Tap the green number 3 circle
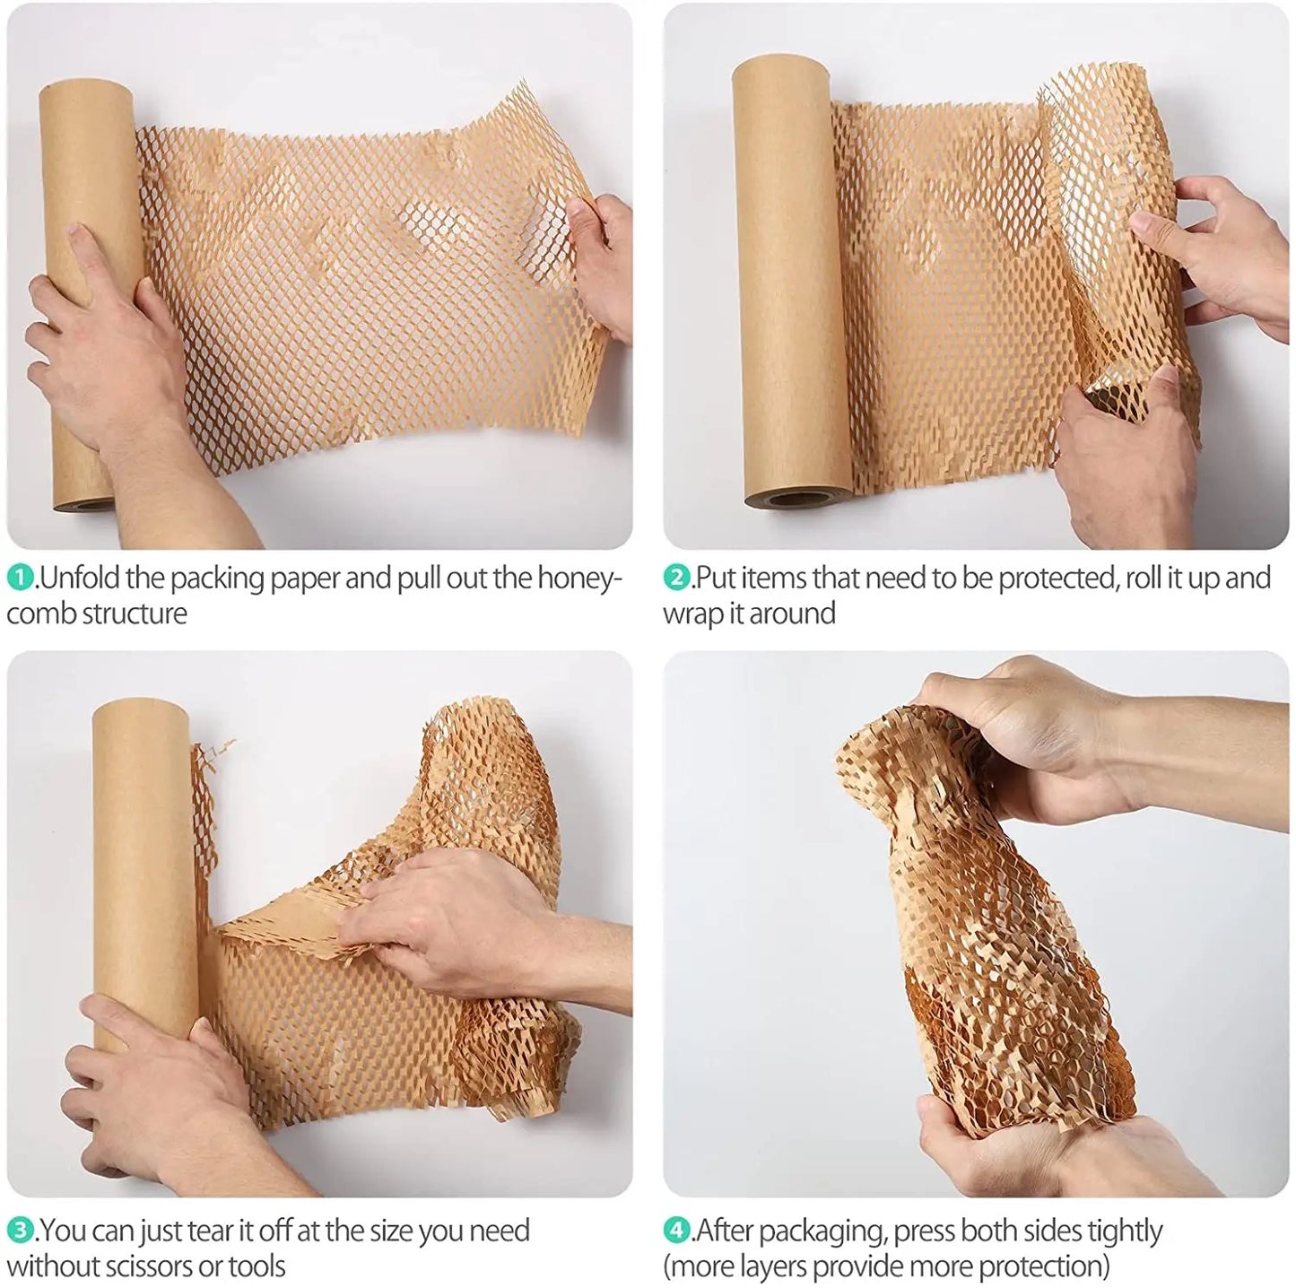[x=20, y=1231]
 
